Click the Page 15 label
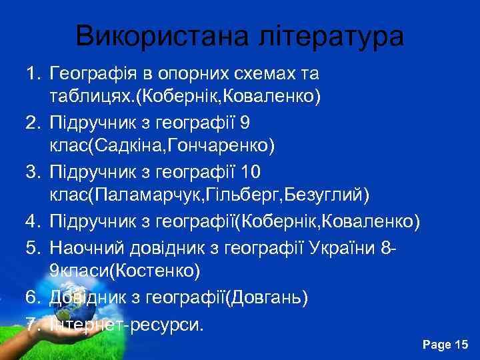(x=446, y=344)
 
